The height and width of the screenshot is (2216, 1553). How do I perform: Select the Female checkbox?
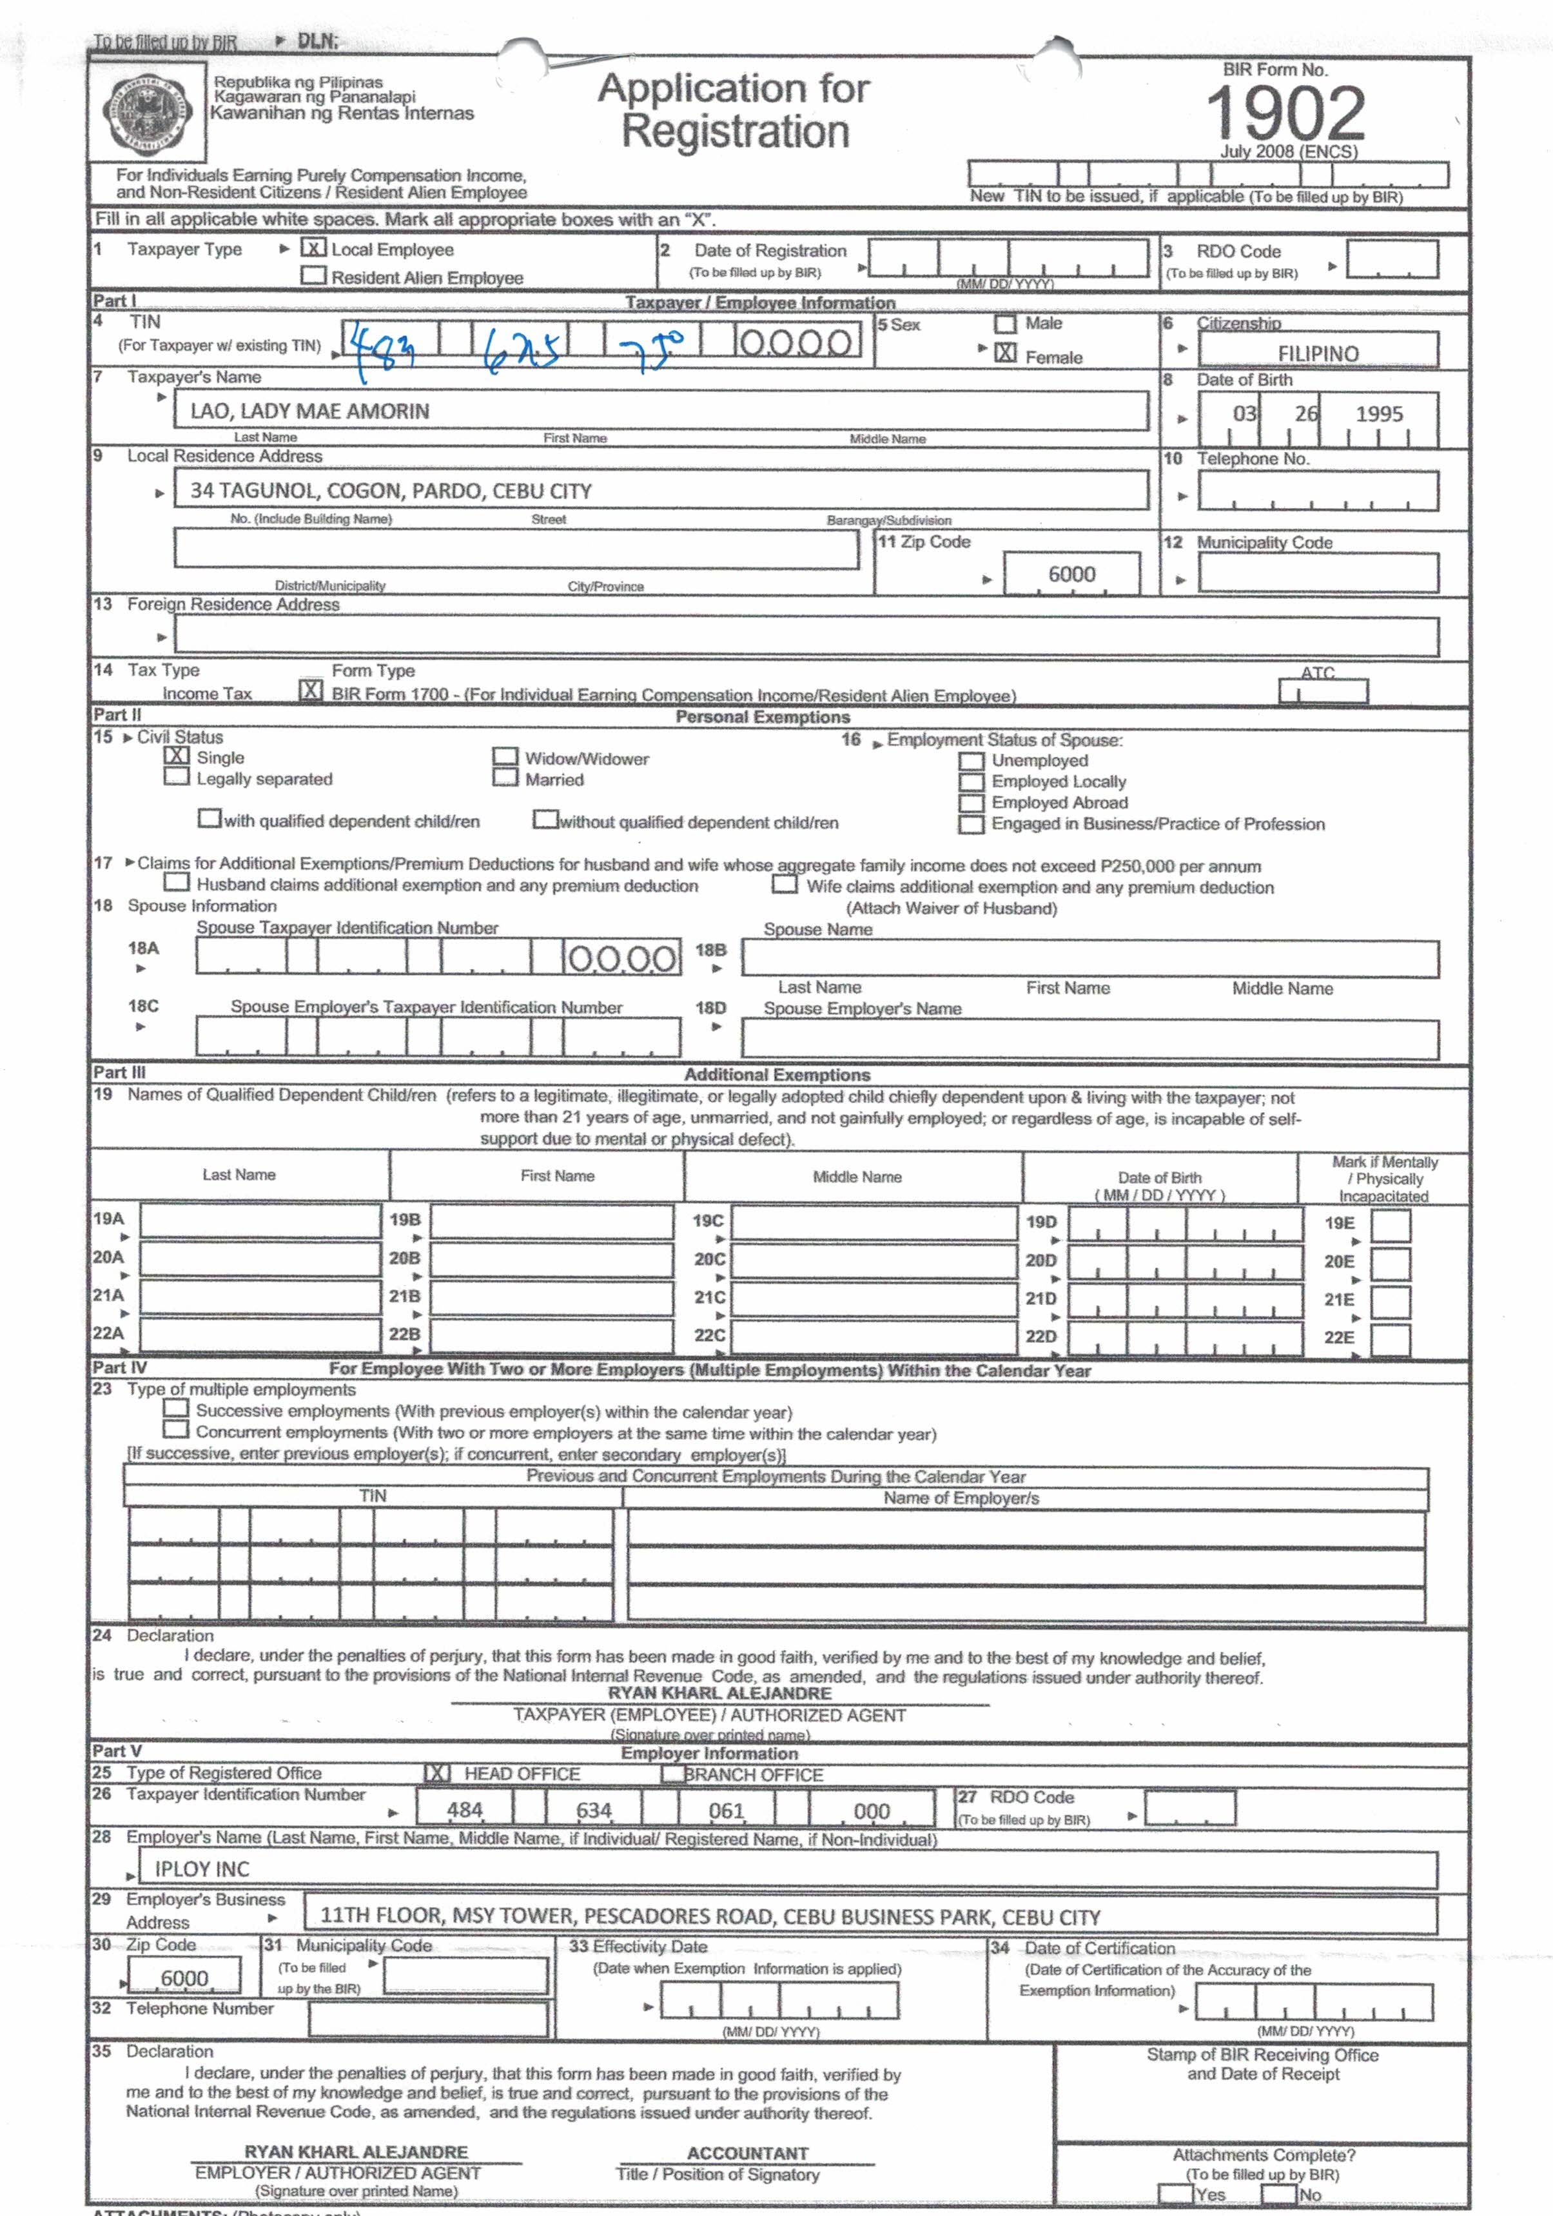coord(1006,353)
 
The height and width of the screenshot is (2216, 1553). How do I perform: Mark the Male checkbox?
coord(1006,323)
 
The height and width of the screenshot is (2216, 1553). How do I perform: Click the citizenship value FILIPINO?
coord(1318,353)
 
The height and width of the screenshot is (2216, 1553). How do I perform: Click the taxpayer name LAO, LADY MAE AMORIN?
coord(310,411)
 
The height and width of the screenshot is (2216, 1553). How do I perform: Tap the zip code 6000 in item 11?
coord(1071,574)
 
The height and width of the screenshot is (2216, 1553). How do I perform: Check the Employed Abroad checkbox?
coord(971,803)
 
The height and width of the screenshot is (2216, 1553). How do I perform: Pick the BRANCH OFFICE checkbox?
coord(673,1774)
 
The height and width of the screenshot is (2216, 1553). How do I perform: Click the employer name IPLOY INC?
coord(202,1868)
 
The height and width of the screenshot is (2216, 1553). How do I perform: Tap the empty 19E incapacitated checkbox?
coord(1390,1226)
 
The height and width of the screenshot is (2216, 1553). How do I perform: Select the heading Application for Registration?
coord(734,110)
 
